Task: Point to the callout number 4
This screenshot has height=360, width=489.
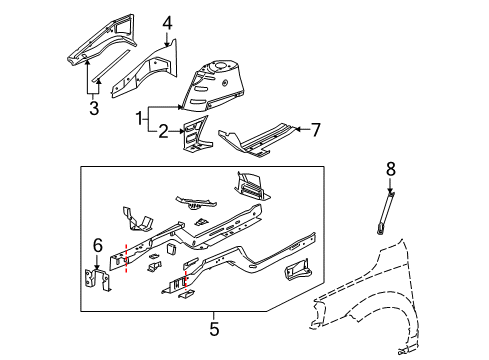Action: pyautogui.click(x=167, y=21)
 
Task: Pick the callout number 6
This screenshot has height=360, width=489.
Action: pyautogui.click(x=96, y=244)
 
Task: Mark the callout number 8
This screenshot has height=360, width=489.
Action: pyautogui.click(x=389, y=168)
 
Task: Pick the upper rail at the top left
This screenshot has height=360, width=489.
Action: pyautogui.click(x=96, y=36)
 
